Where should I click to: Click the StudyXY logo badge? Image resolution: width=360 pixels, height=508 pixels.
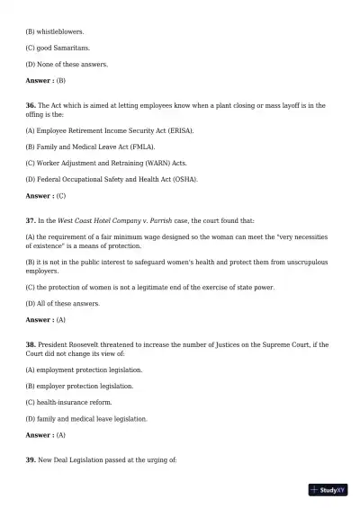pyautogui.click(x=328, y=490)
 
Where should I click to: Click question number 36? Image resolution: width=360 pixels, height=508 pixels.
pyautogui.click(x=30, y=106)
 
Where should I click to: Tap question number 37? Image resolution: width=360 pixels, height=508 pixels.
pyautogui.click(x=30, y=220)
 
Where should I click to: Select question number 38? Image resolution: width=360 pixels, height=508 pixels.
pyautogui.click(x=30, y=345)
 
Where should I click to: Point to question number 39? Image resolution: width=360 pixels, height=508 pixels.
pyautogui.click(x=30, y=459)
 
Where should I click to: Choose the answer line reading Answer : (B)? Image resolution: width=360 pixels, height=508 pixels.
pyautogui.click(x=46, y=81)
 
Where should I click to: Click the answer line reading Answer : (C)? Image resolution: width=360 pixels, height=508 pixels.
pyautogui.click(x=46, y=195)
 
